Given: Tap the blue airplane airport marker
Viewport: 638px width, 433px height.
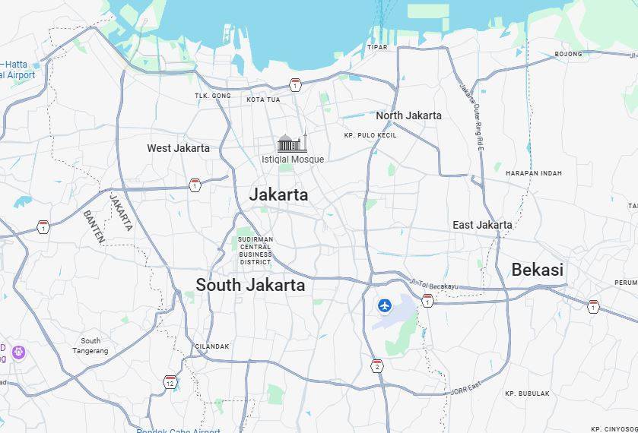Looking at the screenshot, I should [385, 305].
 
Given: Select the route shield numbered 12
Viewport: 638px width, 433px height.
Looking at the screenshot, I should [170, 381].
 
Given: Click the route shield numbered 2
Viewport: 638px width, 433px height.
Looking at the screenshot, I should [377, 366].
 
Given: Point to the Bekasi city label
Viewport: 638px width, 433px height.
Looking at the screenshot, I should [537, 270].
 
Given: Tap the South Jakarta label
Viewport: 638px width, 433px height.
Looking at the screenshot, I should [250, 285].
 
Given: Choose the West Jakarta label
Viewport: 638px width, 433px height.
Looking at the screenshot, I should [178, 148].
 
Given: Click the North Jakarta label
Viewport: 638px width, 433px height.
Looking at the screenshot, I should [408, 115].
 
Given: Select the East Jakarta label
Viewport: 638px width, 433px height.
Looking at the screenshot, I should [482, 225].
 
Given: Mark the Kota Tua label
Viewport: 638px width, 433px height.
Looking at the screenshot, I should [263, 100].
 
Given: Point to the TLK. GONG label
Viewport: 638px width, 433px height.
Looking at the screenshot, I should [213, 96].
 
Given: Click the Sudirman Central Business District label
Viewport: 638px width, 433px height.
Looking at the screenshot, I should [256, 251].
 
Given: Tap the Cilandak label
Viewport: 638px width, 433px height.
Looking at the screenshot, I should [212, 346].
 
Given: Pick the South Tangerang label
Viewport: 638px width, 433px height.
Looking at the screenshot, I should [90, 346].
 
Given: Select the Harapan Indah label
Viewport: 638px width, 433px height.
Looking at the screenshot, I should [534, 173].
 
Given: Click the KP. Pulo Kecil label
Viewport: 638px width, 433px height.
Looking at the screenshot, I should [370, 135].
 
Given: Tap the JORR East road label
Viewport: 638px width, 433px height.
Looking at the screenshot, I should [465, 390].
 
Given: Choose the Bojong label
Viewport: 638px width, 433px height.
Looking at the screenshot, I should [568, 54].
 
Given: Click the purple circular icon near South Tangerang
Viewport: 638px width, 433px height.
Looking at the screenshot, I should [19, 352].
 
